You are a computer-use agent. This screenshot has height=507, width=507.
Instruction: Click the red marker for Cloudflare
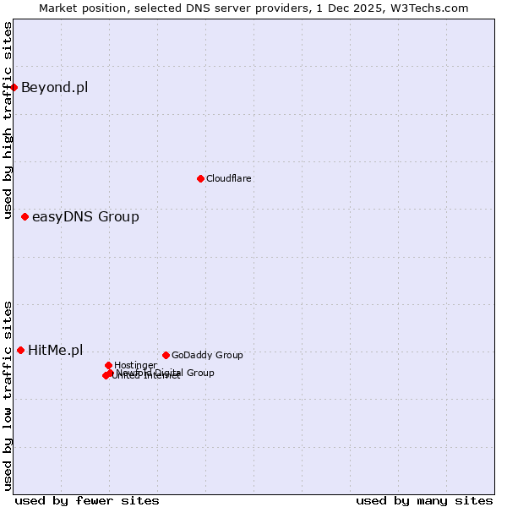(200, 178)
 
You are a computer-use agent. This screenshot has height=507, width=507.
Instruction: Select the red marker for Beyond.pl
(14, 87)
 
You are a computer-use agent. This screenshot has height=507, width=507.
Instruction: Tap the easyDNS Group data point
(25, 217)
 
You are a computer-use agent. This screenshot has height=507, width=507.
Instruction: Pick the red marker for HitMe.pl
(20, 350)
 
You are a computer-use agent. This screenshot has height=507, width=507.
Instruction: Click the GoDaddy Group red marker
(166, 355)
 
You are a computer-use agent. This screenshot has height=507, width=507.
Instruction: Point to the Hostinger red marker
(108, 365)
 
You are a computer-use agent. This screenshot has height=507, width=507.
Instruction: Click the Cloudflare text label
(229, 178)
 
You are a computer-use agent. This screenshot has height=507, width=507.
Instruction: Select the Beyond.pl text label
(54, 87)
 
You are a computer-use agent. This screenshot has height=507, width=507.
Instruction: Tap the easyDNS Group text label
(85, 217)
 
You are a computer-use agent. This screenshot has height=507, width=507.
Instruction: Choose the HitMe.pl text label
(56, 350)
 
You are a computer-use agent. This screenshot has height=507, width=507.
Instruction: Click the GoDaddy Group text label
(207, 355)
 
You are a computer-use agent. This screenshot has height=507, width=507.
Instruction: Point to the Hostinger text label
(135, 365)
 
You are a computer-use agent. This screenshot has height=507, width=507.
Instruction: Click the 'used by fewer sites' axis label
(87, 500)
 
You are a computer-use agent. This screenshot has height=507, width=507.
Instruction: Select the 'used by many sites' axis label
(424, 500)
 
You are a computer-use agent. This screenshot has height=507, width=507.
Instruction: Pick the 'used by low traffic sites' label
(8, 395)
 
